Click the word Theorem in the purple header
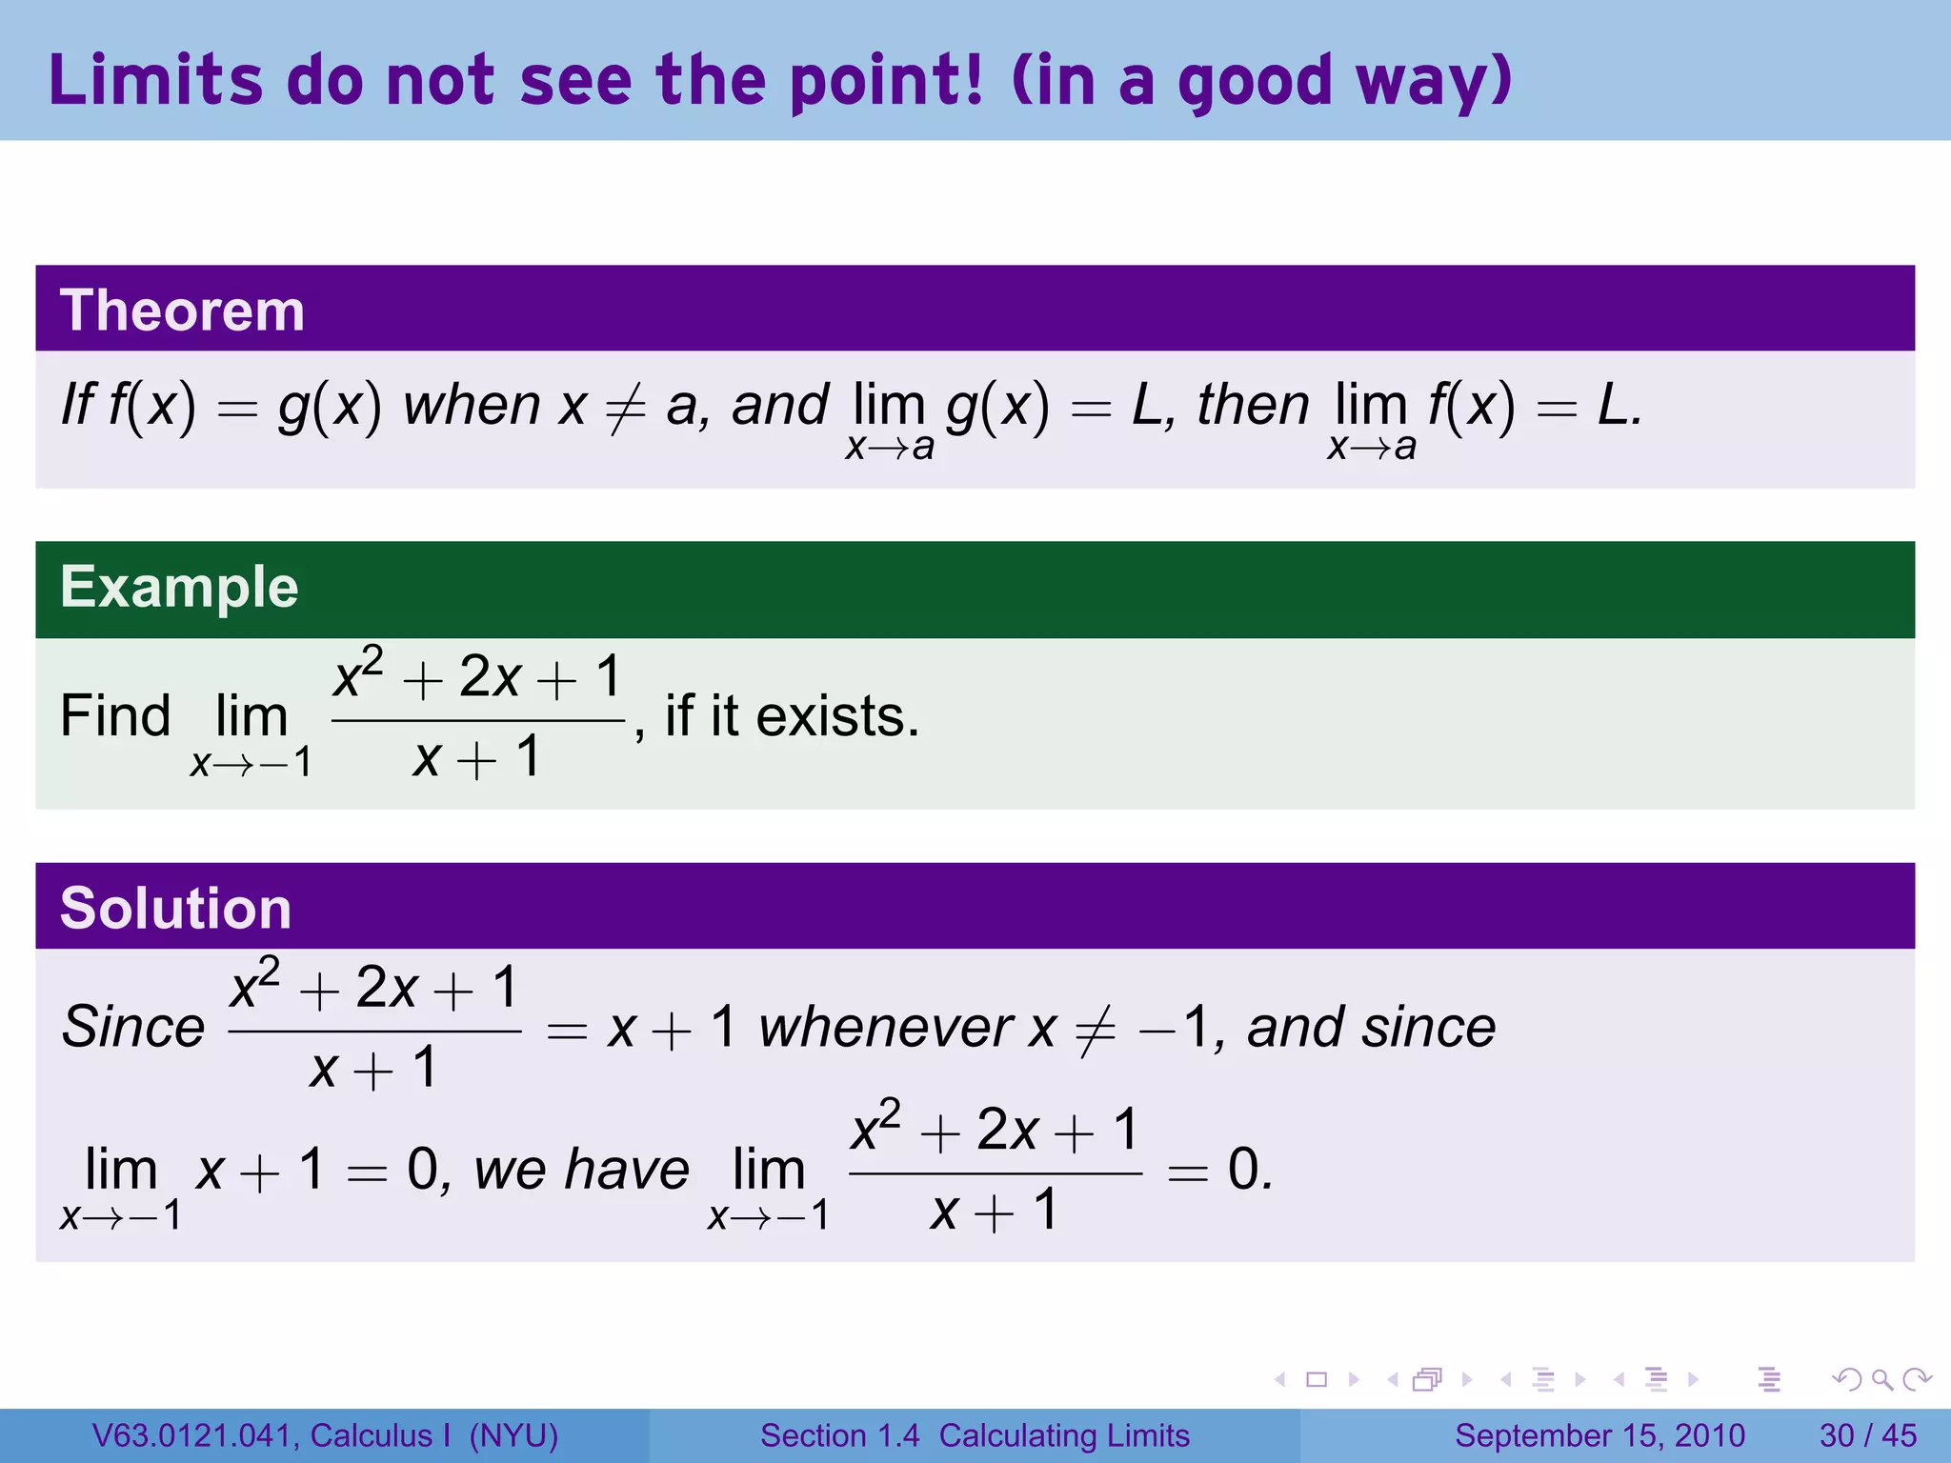182,311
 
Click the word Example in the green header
179,587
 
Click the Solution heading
175,908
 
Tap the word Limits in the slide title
155,80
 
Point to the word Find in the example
115,716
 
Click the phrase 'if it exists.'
792,716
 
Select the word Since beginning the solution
133,1027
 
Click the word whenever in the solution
886,1027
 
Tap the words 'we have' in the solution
581,1170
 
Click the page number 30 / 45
1867,1435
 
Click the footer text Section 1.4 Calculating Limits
975,1435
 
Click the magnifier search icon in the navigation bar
1881,1379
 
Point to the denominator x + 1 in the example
476,759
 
